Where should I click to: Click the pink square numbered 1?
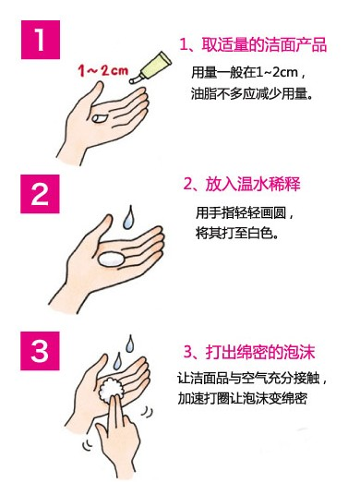click(41, 40)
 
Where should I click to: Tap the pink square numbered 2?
click(40, 194)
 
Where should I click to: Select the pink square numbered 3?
click(40, 351)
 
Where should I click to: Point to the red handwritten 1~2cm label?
click(102, 70)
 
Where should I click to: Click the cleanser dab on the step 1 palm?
click(99, 117)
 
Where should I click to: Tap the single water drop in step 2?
click(128, 217)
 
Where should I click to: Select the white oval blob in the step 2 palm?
click(111, 260)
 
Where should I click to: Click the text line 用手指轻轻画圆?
click(246, 213)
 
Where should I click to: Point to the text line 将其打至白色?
click(237, 234)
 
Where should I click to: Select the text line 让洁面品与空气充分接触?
click(252, 378)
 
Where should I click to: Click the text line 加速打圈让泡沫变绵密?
click(243, 398)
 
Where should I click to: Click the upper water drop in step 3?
click(130, 344)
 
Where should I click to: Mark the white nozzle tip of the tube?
click(133, 80)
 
